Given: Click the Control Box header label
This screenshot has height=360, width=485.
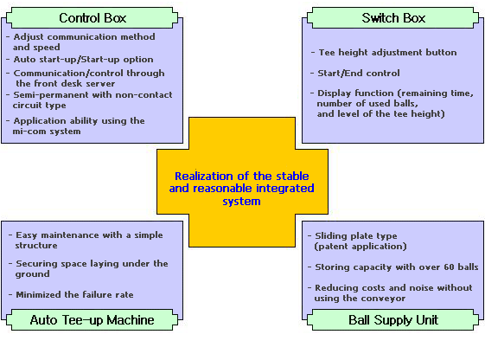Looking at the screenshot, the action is pos(93,18).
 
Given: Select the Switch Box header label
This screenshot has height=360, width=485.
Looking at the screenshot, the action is pos(393,18).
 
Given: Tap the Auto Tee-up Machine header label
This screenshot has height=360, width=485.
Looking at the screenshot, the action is pos(93,319).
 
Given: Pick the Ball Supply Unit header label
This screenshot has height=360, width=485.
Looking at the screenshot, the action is pos(393,319).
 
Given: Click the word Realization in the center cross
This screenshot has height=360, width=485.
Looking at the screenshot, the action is pos(203,176).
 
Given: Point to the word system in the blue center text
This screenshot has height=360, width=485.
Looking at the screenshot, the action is pos(241,202).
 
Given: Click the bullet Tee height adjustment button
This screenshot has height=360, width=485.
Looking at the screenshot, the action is pos(387,52).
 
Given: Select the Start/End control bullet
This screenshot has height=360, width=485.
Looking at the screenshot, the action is pos(359,73).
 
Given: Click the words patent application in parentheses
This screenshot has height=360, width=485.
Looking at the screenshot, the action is pos(361,247).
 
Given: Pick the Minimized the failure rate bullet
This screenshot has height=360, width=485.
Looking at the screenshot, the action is pos(74,294).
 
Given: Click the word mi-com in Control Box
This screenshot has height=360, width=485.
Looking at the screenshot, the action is pos(29,132).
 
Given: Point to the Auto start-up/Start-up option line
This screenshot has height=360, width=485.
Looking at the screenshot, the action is pos(83,59).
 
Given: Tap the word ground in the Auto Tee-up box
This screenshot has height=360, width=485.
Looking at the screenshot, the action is pos(33,274).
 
